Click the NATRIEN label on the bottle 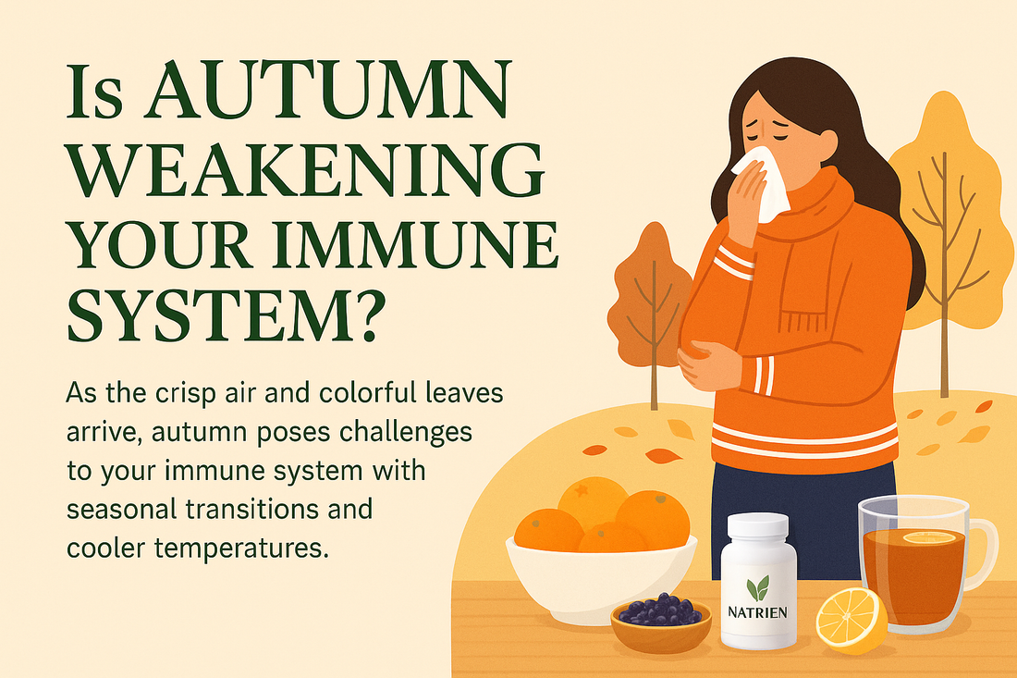[757, 611]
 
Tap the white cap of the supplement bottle [757, 528]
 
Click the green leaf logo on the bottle [757, 587]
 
